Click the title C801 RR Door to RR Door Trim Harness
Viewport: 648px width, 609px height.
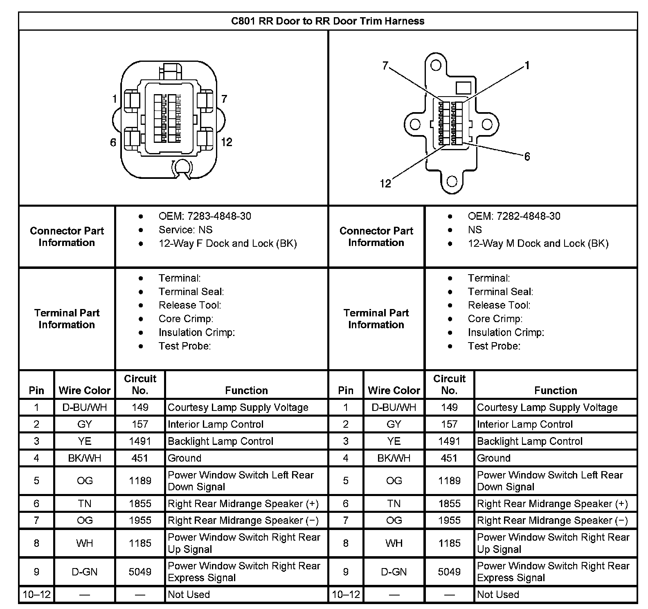click(x=328, y=21)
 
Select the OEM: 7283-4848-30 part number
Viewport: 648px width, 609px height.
click(x=205, y=216)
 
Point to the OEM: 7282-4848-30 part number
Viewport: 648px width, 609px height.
click(x=514, y=216)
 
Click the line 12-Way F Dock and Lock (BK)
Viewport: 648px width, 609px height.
click(x=227, y=244)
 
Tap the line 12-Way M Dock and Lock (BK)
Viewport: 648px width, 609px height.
click(x=538, y=244)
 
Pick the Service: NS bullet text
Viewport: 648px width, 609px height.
click(x=185, y=230)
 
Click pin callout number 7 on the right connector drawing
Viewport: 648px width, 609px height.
click(x=385, y=65)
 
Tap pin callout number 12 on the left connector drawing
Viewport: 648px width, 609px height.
click(x=226, y=142)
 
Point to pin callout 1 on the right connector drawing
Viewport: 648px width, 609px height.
click(x=527, y=65)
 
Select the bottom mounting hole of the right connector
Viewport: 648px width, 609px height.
click(x=452, y=181)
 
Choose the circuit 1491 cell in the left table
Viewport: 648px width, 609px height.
click(x=140, y=441)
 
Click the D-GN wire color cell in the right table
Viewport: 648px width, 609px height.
click(x=394, y=572)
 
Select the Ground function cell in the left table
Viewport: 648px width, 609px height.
click(x=184, y=458)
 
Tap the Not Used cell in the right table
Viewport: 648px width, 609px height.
click(x=498, y=594)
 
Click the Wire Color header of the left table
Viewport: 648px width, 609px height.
click(x=85, y=390)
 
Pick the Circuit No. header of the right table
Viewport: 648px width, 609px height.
click(x=449, y=384)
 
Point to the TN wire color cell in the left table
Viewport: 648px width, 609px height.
click(x=85, y=503)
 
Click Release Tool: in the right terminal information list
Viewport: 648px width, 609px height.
click(x=499, y=305)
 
